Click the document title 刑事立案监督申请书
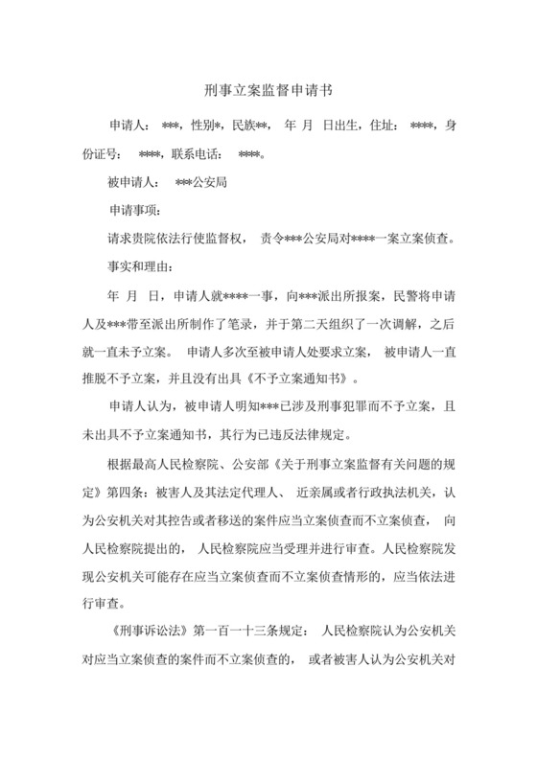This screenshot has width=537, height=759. [268, 91]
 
